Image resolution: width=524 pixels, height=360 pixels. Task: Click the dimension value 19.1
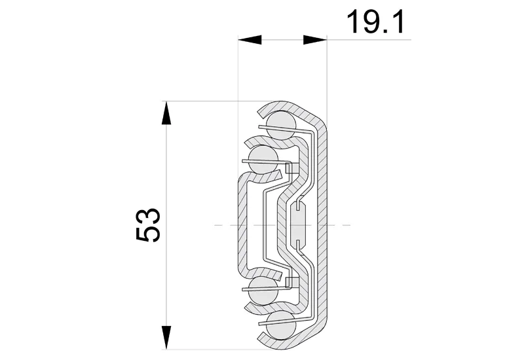pos(375,22)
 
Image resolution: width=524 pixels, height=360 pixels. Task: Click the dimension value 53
pos(149,226)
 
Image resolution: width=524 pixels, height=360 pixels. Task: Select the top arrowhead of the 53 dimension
pos(166,113)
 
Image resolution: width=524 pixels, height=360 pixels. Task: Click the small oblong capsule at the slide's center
pos(299,225)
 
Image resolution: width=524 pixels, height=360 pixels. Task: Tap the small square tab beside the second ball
pos(292,168)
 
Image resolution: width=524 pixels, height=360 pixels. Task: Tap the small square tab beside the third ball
pos(292,281)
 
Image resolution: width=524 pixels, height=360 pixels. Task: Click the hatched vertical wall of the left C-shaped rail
pos(242,225)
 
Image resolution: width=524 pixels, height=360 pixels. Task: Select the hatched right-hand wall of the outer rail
pos(322,225)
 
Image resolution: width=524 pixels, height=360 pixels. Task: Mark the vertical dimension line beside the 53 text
pos(166,196)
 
